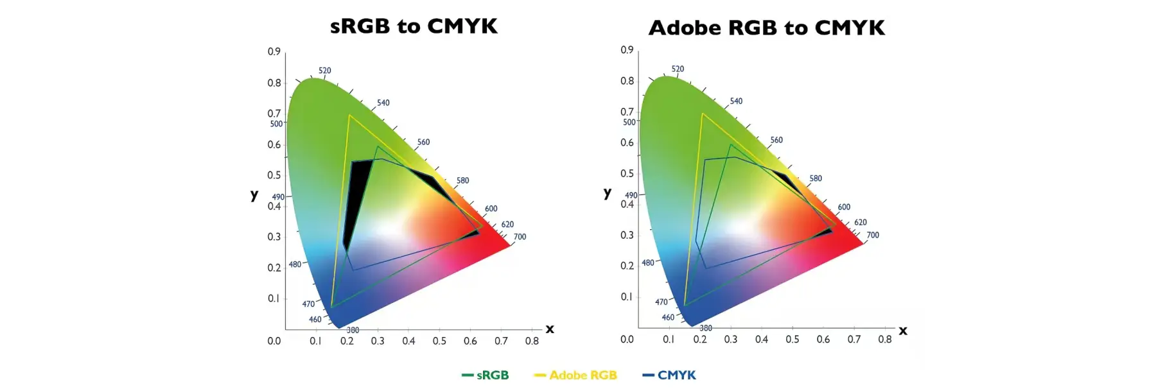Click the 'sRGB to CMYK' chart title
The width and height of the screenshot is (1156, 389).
414,26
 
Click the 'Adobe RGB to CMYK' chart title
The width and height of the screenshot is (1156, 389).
767,28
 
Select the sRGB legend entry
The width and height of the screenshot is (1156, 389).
485,375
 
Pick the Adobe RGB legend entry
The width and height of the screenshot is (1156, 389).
575,375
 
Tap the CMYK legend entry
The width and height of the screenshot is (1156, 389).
669,375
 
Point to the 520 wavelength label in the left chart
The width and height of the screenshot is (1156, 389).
325,71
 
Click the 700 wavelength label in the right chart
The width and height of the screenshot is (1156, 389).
873,235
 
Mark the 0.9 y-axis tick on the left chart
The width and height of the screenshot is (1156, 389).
274,51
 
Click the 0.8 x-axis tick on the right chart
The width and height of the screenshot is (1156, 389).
885,339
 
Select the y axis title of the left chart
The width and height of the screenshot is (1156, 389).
254,195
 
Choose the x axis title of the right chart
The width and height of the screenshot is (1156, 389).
903,331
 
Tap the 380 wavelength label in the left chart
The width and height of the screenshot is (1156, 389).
353,330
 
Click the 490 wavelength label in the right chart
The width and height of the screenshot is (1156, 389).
631,195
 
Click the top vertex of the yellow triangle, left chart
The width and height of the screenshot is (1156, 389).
349,115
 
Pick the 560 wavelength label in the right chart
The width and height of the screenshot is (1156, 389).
776,140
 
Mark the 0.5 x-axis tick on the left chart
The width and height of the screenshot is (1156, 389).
439,341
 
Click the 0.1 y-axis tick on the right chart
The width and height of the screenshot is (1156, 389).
627,297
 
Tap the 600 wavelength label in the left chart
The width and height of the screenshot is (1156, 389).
491,209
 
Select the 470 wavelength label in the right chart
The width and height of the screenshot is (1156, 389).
661,302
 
